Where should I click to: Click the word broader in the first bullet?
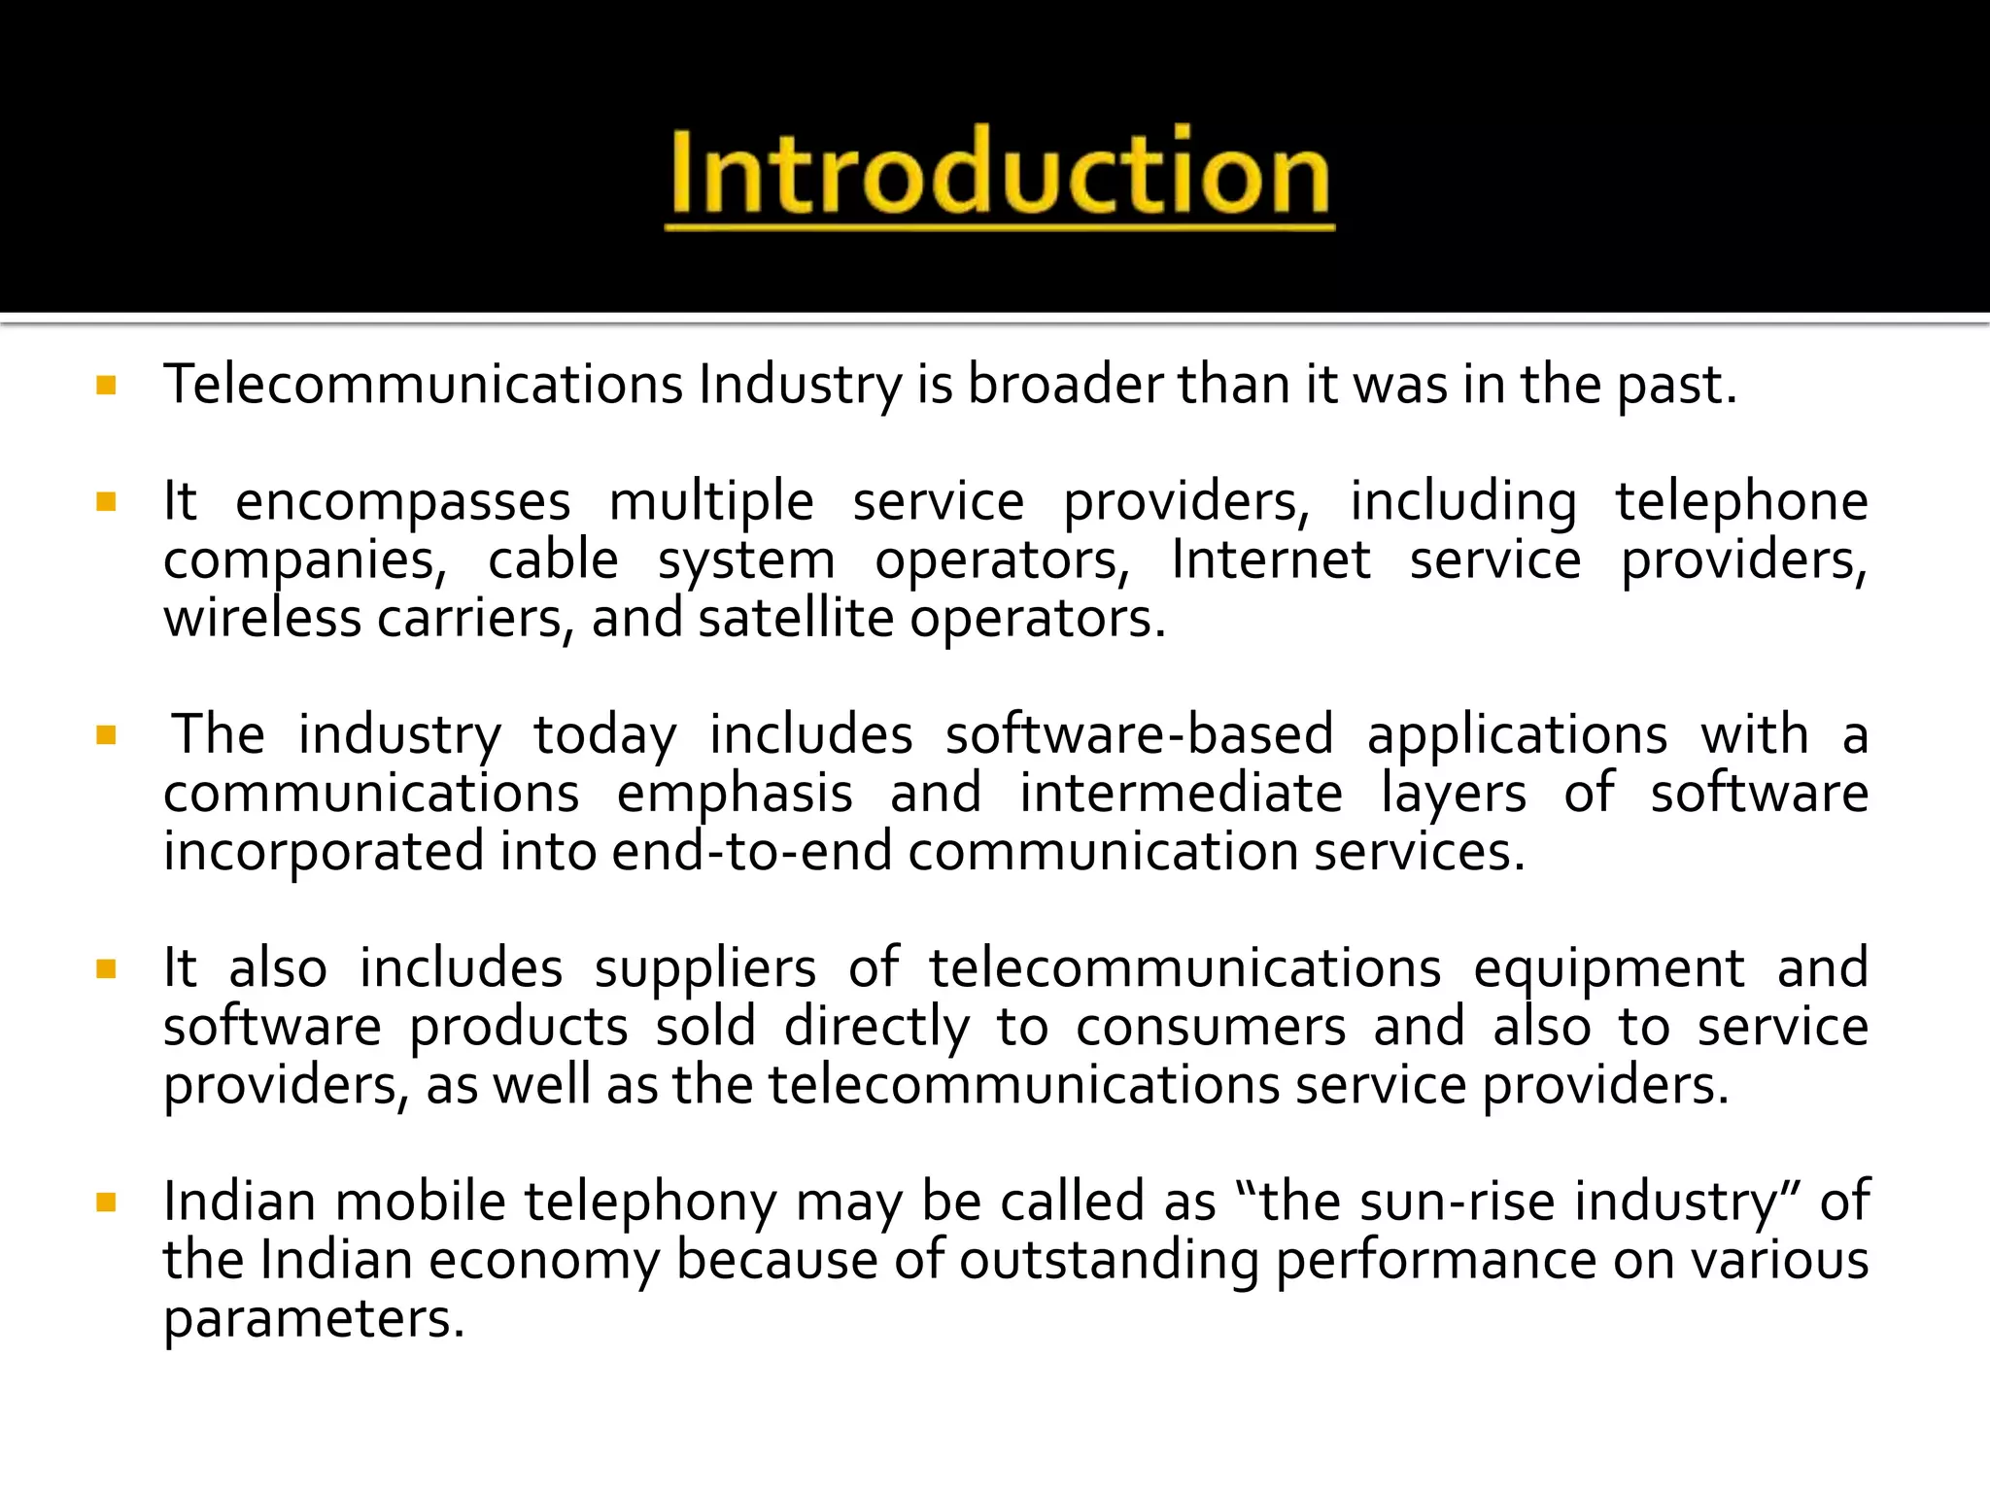click(1065, 385)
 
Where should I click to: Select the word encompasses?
click(402, 503)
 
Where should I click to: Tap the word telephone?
click(1741, 503)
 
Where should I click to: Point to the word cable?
click(553, 560)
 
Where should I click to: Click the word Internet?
click(1270, 560)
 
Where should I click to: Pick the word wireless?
click(262, 619)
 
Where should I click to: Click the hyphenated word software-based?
click(1139, 735)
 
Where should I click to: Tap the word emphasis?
click(735, 794)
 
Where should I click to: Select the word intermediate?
click(1181, 794)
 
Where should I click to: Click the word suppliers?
click(705, 968)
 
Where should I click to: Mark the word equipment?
click(1608, 968)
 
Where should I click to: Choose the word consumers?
click(1211, 1027)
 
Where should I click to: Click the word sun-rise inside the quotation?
click(1458, 1202)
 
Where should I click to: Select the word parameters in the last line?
click(314, 1319)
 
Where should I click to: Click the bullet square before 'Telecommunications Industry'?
click(107, 386)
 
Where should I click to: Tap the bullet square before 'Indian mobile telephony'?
click(107, 1204)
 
